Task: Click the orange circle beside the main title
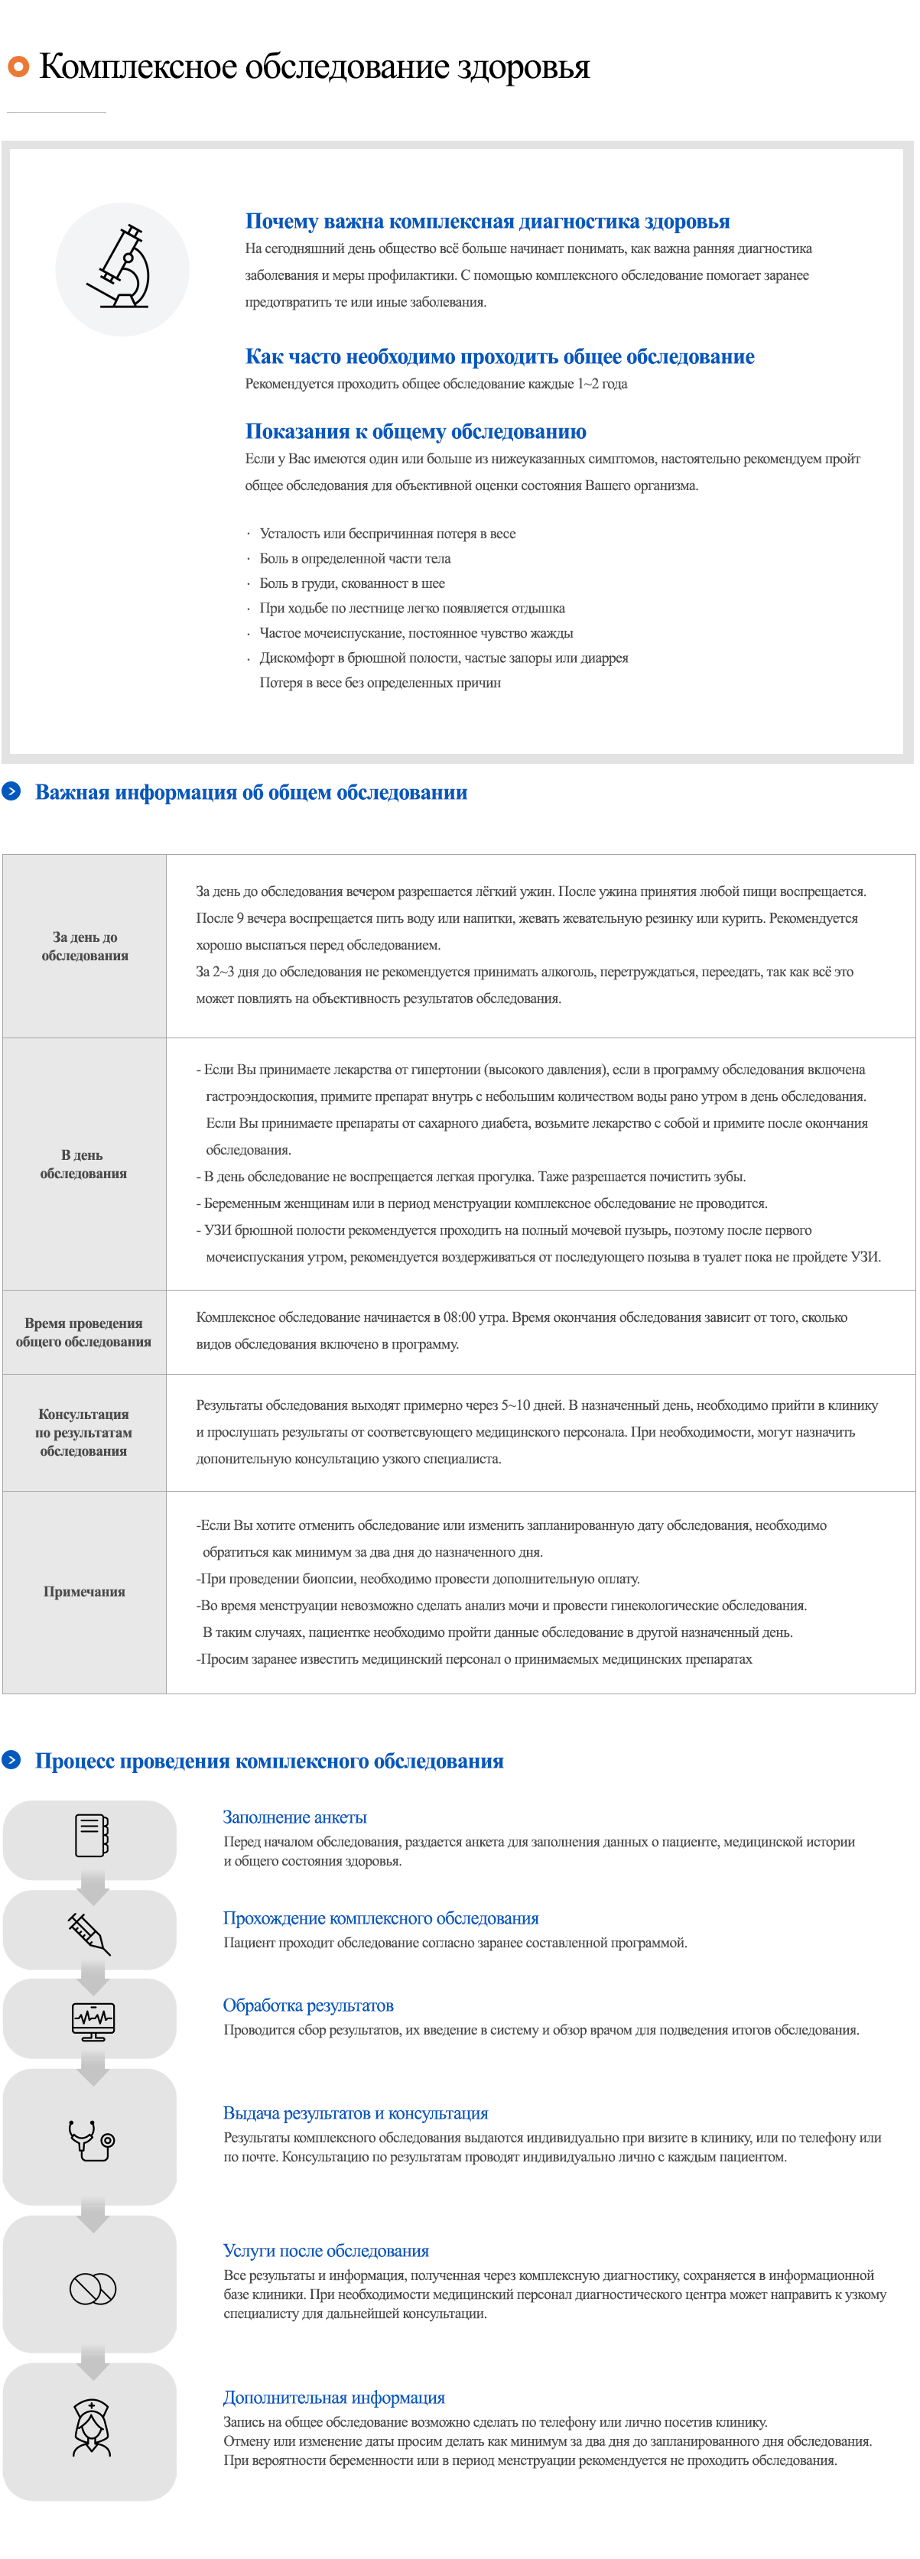pos(18,67)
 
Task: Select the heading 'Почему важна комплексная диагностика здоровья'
pos(487,222)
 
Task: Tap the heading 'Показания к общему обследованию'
pos(415,431)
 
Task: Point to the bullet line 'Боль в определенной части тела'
pos(355,558)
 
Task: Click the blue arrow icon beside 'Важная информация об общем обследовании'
pos(12,791)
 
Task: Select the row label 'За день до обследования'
pos(84,946)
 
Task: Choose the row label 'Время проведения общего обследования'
pos(83,1332)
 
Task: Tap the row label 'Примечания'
pos(84,1591)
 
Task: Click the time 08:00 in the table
pos(459,1317)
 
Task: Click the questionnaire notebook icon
pos(92,1835)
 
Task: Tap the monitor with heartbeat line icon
pos(93,2021)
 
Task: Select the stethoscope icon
pos(92,2138)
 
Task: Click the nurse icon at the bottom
pos(93,2427)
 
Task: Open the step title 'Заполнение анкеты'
pos(294,1817)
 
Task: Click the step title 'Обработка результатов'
pos(308,2005)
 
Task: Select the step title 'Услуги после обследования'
pos(326,2250)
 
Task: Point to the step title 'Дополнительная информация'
pos(334,2397)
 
